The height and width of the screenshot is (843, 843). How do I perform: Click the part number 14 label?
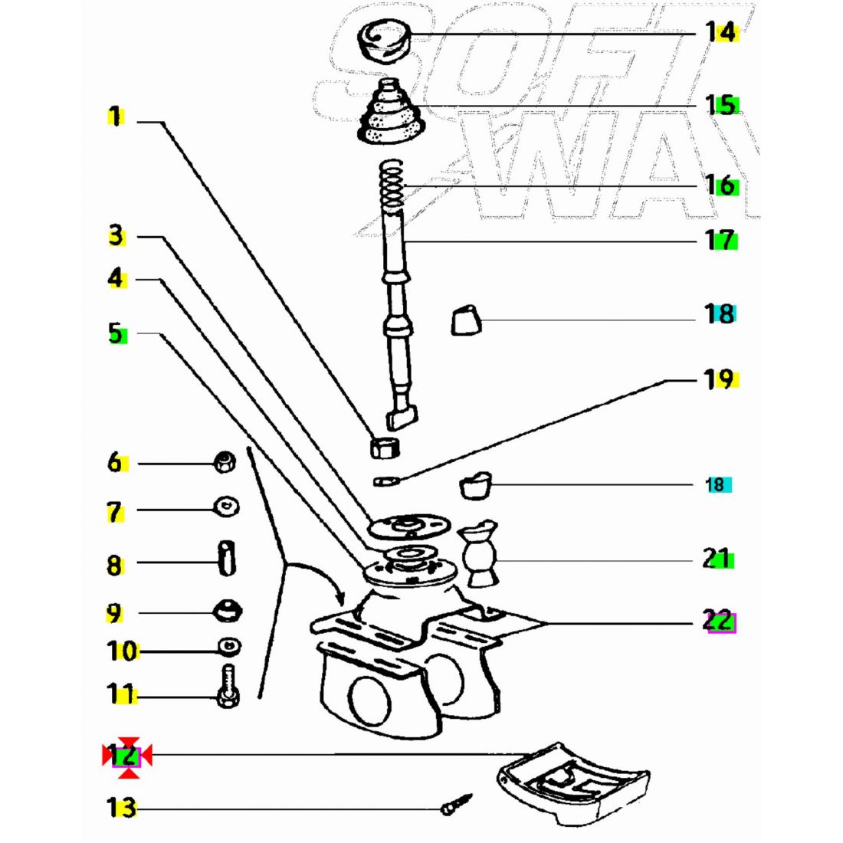tap(720, 32)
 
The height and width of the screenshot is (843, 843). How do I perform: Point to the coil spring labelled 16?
tap(392, 185)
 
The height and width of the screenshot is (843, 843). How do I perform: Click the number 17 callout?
tap(720, 240)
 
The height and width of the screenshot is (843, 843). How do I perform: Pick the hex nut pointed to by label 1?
tap(383, 446)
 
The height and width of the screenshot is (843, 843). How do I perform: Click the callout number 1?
tap(114, 117)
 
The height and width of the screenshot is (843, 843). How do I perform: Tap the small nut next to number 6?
tap(224, 462)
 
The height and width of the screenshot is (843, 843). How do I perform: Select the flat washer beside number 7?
tap(226, 507)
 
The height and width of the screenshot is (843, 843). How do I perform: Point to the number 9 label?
tap(114, 614)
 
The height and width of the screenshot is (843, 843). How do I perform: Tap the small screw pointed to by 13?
tap(457, 805)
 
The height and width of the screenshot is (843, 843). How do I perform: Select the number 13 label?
tap(121, 808)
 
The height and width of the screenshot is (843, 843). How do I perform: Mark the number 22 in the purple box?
tap(719, 621)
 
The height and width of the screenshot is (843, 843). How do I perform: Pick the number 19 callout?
tap(719, 379)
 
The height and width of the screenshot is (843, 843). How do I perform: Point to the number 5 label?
tap(116, 333)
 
